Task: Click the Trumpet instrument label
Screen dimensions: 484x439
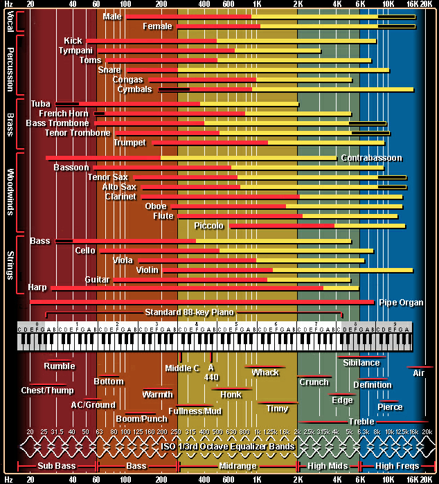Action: [131, 143]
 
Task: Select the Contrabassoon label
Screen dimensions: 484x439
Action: [371, 158]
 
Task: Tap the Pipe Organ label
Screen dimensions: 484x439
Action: [401, 303]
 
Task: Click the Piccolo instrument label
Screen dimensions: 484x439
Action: [209, 226]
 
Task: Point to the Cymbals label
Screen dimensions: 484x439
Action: [134, 89]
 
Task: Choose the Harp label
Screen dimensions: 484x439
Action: [37, 287]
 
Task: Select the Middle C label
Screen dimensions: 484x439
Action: [182, 368]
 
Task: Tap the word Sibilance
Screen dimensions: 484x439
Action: [361, 363]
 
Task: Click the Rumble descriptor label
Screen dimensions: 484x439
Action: [60, 366]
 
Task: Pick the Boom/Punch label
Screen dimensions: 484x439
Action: [141, 419]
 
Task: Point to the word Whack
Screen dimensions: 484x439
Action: [265, 373]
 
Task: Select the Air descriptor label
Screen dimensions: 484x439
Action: [419, 373]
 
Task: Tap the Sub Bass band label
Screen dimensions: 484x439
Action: [56, 467]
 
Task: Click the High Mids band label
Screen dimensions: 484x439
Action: [327, 467]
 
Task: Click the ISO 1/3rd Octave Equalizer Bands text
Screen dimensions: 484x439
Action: [226, 445]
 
